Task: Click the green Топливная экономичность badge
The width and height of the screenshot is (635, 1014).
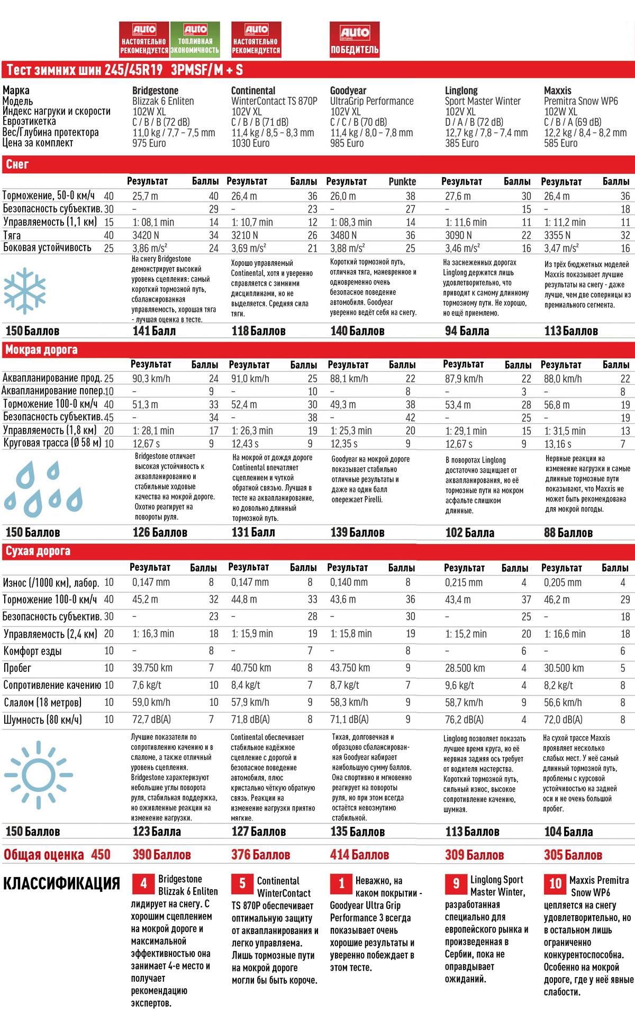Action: (x=195, y=39)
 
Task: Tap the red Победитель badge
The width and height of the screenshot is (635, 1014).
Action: (x=355, y=39)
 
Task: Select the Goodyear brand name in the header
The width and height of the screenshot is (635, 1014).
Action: (x=348, y=90)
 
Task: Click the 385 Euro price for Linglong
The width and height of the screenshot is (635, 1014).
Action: (x=461, y=143)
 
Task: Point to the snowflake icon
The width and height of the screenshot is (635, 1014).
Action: (x=24, y=290)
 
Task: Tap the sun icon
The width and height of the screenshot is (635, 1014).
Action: (x=38, y=775)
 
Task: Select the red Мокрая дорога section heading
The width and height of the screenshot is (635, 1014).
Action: (x=41, y=349)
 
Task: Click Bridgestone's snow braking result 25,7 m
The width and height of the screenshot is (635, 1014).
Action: (x=145, y=196)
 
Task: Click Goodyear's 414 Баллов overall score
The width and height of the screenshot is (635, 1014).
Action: (x=359, y=854)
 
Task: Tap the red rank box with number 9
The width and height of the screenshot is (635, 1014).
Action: (x=456, y=883)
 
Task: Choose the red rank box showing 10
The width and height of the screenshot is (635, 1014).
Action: (x=555, y=883)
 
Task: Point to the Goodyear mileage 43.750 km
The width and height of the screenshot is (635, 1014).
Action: (x=350, y=668)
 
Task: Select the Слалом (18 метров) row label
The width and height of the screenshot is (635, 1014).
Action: (x=42, y=702)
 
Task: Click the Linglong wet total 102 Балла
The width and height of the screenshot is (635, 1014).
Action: (x=469, y=532)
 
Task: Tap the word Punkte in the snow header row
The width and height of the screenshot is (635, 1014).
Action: (x=402, y=181)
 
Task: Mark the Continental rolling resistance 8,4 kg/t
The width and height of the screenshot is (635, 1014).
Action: (x=246, y=685)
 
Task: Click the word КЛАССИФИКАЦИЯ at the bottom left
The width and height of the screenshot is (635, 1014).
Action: (x=62, y=883)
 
